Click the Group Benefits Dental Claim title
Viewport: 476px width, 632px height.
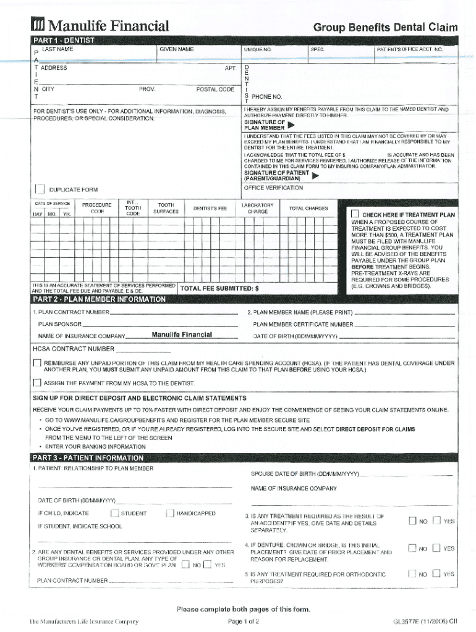click(x=385, y=27)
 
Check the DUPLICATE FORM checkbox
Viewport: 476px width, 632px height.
click(x=40, y=189)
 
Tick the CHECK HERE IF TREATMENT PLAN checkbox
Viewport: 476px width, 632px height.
click(x=355, y=214)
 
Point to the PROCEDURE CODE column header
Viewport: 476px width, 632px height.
click(x=97, y=208)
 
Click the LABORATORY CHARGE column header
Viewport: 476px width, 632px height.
click(x=257, y=208)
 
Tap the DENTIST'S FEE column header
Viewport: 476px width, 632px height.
click(x=210, y=209)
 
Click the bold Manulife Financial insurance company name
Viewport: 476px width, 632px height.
click(x=182, y=335)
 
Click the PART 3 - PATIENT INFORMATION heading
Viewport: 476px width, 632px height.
click(x=88, y=458)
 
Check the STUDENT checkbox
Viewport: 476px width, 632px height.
click(x=114, y=513)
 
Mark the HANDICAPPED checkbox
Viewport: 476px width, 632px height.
click(x=169, y=513)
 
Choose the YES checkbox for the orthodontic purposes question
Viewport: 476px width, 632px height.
click(x=436, y=574)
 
